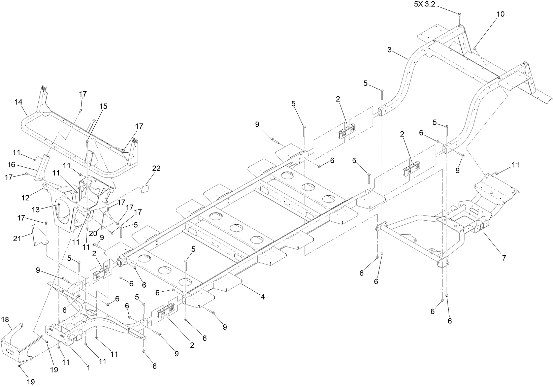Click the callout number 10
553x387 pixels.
click(500, 14)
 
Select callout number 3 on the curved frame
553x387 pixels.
click(389, 50)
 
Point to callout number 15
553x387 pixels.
click(103, 106)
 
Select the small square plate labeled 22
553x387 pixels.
click(145, 188)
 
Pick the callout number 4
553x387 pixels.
click(262, 297)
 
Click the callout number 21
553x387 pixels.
click(17, 238)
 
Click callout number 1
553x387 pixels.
click(88, 368)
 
